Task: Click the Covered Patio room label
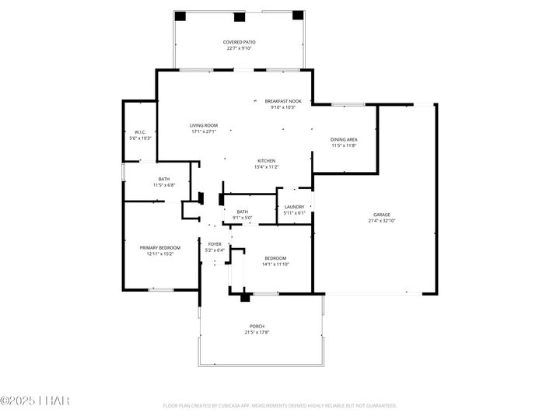[240, 42]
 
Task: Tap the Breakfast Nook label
[283, 101]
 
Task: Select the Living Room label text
[204, 125]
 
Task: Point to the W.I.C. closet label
[141, 132]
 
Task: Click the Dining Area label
[344, 139]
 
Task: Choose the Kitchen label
[267, 161]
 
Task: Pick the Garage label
[381, 215]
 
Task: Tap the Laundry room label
[294, 207]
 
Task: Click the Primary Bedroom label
[159, 247]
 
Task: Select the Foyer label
[215, 244]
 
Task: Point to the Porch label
[257, 326]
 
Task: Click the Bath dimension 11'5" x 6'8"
[164, 185]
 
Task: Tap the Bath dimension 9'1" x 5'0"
[243, 217]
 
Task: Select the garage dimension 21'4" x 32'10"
[381, 221]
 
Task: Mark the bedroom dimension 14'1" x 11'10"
[275, 264]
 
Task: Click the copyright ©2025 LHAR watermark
[35, 401]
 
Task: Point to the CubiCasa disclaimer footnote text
[279, 405]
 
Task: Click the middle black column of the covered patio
[239, 16]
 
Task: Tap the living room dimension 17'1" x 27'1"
[204, 131]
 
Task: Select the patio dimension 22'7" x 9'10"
[240, 48]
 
